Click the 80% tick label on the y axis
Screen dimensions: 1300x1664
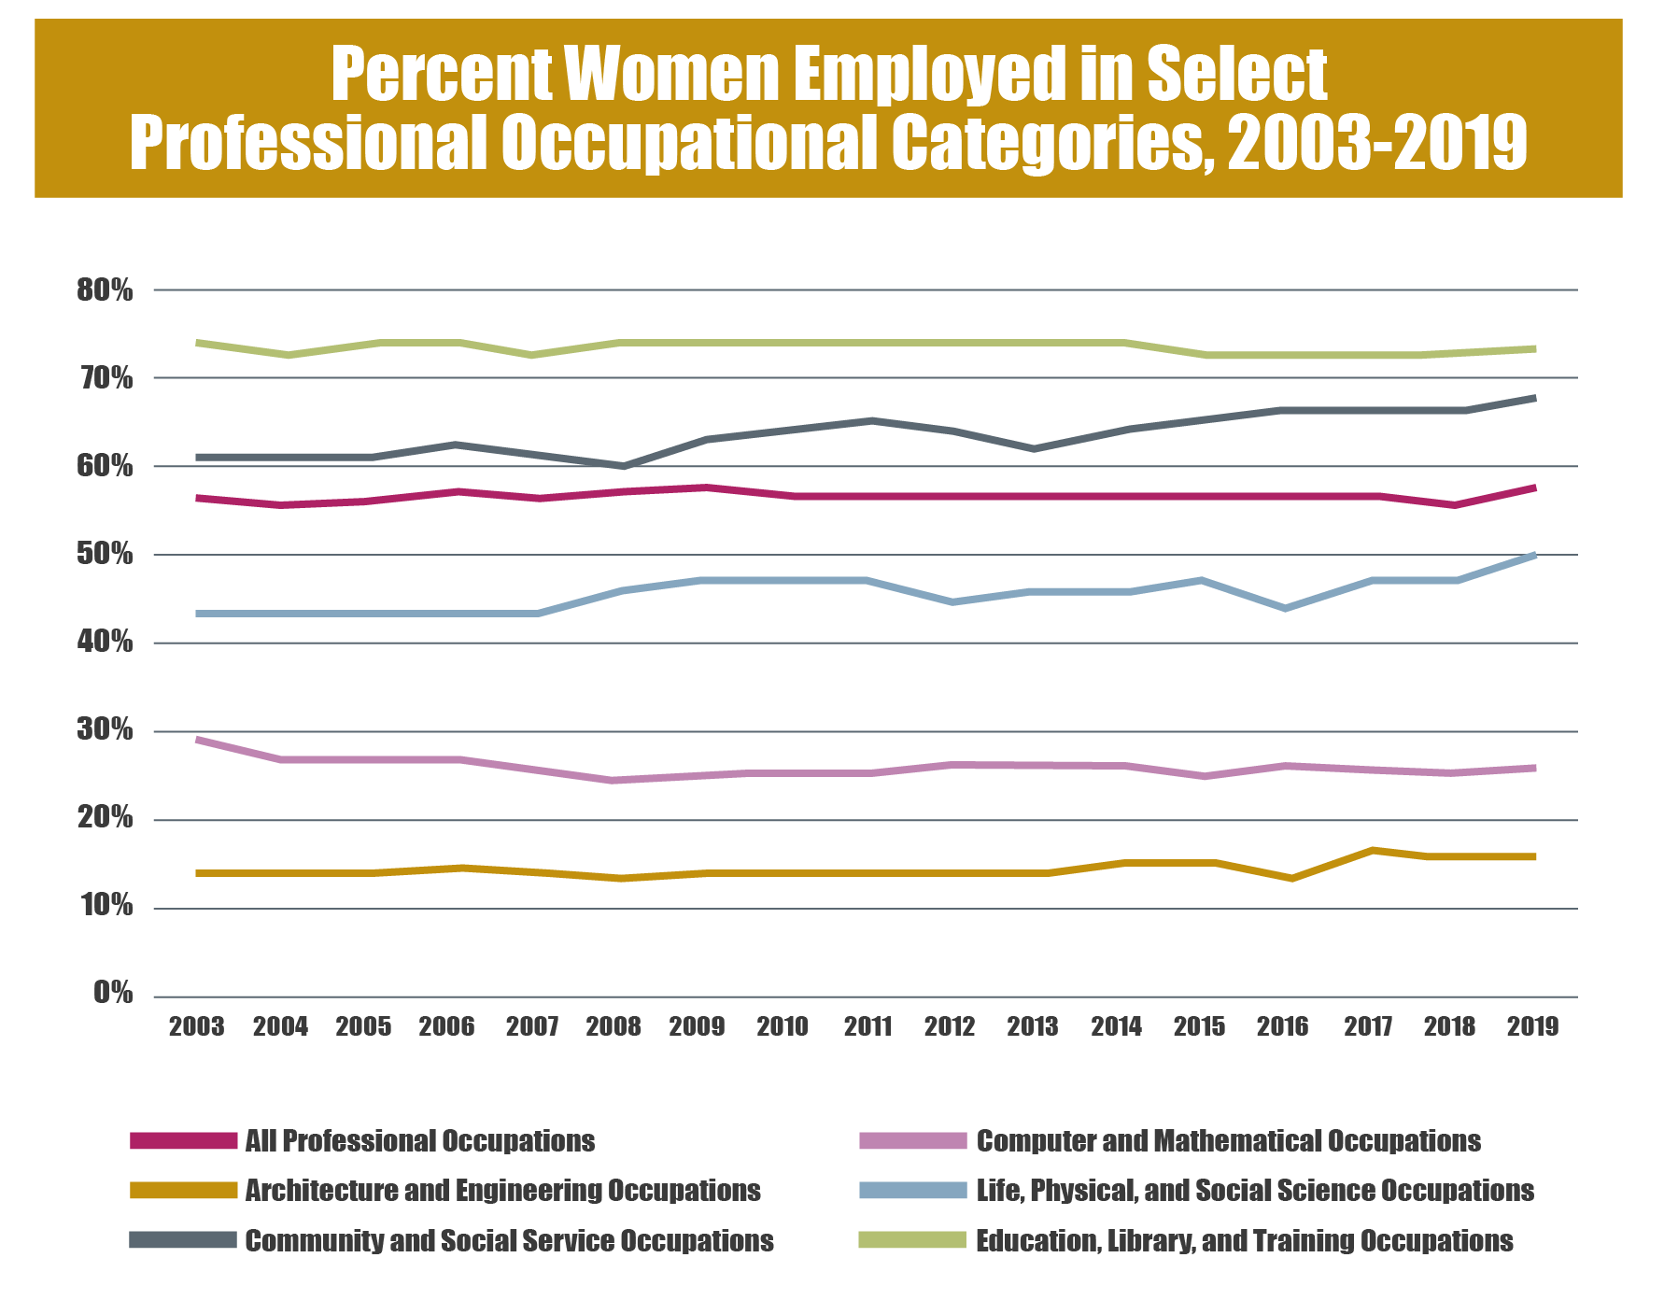point(105,290)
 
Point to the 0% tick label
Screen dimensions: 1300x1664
point(112,993)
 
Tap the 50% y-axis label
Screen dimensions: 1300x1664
point(105,555)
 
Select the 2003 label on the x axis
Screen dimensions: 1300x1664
point(196,1026)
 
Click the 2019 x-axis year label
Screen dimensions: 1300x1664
point(1533,1026)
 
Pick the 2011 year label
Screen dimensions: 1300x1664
point(867,1026)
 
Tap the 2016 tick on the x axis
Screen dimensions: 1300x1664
point(1282,1026)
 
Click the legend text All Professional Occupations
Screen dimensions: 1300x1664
point(419,1141)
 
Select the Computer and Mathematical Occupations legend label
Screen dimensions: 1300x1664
point(1228,1141)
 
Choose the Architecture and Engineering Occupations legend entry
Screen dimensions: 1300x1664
point(502,1191)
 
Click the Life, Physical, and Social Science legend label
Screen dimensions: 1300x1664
point(1255,1191)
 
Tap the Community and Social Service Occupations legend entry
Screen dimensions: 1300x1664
point(509,1241)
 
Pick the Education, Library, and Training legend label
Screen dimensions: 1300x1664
point(1244,1241)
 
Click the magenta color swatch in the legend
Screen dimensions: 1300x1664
point(184,1141)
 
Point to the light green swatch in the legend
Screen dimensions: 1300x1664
point(911,1241)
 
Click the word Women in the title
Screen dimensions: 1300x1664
point(670,75)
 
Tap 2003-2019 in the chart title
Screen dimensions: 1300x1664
point(1376,144)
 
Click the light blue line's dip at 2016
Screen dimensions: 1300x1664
point(1287,608)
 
